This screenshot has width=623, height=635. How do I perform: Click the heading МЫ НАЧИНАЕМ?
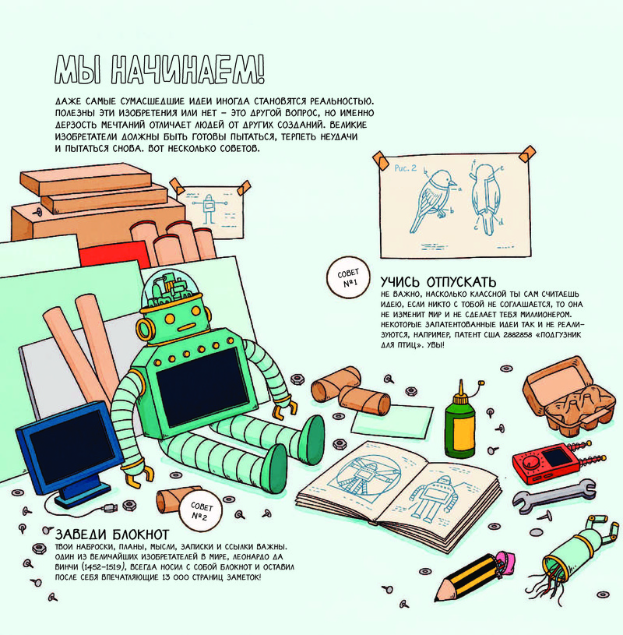[160, 70]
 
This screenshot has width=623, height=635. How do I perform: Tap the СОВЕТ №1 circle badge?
[348, 277]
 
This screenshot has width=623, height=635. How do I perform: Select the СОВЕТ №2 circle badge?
[200, 510]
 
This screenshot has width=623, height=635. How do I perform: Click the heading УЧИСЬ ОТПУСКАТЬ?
[438, 281]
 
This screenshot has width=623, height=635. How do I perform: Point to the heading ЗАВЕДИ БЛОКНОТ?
[112, 534]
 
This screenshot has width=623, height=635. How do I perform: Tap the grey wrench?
[554, 493]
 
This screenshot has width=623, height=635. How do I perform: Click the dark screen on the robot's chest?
[202, 386]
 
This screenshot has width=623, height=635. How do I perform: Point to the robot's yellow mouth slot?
[188, 326]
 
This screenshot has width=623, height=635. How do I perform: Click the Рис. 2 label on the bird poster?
[405, 168]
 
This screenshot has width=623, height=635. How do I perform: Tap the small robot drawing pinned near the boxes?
[209, 209]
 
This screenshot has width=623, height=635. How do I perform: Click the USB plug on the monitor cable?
[110, 507]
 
